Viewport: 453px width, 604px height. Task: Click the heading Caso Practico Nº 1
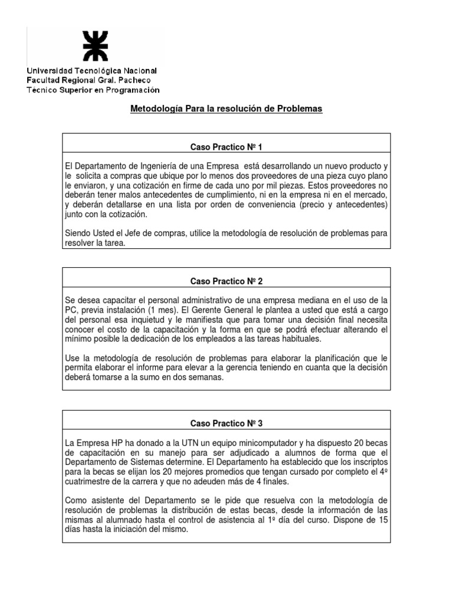tap(226, 147)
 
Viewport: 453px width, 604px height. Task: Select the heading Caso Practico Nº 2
tap(226, 281)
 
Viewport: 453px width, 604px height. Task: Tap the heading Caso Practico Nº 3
tap(226, 424)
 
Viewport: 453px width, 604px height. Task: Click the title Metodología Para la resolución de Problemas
tap(226, 110)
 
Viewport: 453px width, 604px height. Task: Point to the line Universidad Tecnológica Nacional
tap(91, 71)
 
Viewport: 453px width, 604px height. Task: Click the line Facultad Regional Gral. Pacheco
tap(88, 80)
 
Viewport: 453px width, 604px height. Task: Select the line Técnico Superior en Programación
tap(93, 90)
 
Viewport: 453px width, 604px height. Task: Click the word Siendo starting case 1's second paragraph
tap(78, 234)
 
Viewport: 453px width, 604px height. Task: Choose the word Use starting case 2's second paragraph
tap(73, 359)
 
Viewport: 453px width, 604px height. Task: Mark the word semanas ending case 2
tap(206, 378)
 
